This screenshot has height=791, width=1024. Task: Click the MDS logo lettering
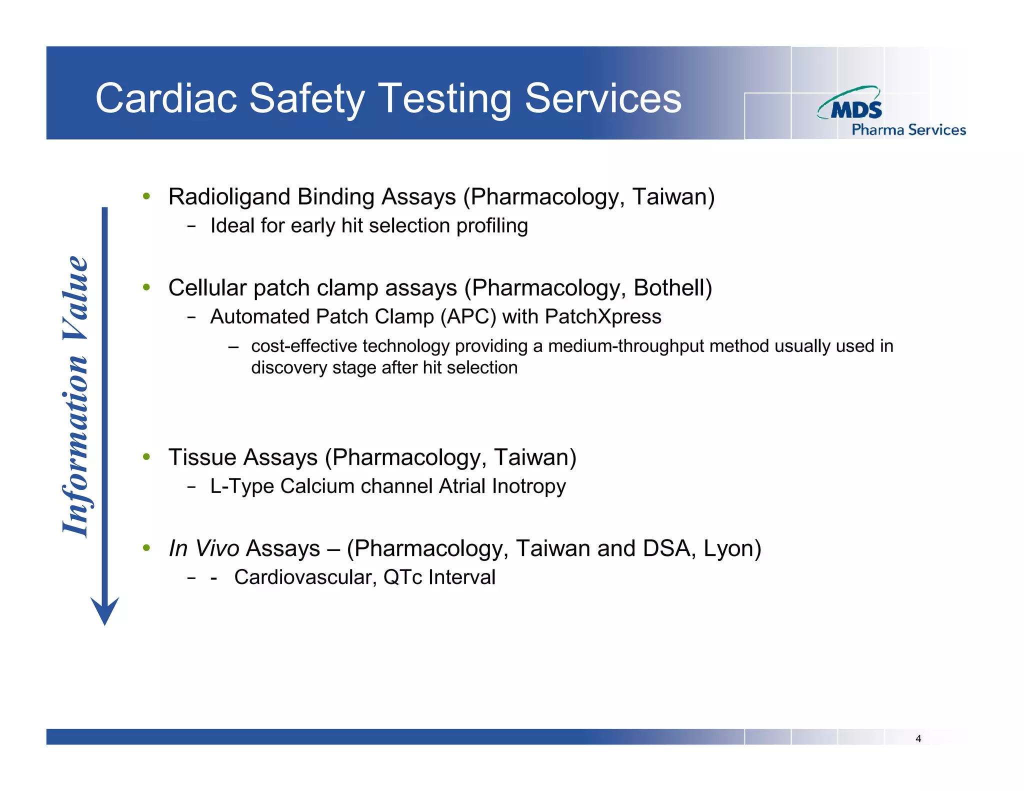[856, 109]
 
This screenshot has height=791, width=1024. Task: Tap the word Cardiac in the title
[166, 98]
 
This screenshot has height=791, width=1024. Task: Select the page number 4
[918, 738]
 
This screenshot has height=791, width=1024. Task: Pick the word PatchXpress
[602, 317]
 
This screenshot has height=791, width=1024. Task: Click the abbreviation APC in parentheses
[468, 317]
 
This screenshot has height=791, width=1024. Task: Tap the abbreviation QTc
[402, 577]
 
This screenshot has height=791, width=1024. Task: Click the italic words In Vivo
[204, 548]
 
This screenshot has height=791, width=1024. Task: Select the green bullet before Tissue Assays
[146, 456]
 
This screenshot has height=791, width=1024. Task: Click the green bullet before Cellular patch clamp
[146, 287]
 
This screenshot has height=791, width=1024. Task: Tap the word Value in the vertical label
[76, 298]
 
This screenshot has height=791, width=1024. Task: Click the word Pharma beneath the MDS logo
[877, 130]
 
